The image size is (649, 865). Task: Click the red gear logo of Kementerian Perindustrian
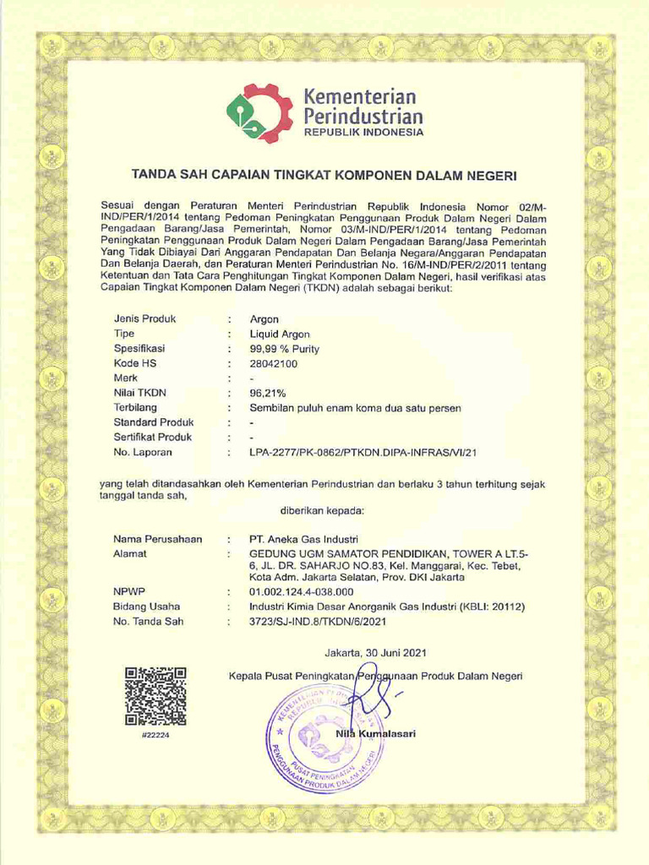(259, 113)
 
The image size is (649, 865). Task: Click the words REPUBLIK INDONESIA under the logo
(363, 133)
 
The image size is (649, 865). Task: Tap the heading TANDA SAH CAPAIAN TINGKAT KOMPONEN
(323, 175)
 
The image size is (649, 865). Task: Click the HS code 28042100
(274, 363)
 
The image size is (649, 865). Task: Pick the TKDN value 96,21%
(268, 393)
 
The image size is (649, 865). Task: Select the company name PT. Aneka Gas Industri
(303, 539)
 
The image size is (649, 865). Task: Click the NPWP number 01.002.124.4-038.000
(302, 592)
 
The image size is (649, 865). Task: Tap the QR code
(155, 696)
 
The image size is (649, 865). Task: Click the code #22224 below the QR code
(155, 736)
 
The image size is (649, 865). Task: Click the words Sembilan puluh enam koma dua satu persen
(356, 408)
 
